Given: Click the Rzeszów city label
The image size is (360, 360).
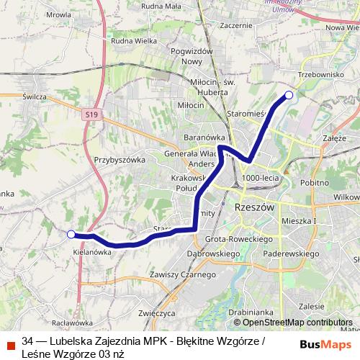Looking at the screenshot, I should (256, 206).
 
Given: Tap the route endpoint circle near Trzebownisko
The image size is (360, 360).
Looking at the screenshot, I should (289, 95).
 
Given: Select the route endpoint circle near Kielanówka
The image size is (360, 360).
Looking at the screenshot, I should (71, 234).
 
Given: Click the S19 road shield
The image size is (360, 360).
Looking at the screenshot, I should (91, 114).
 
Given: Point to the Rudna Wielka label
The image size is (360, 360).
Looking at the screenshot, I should (134, 41).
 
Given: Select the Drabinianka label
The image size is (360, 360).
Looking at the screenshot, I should (251, 313).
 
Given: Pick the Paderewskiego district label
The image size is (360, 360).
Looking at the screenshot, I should (292, 253).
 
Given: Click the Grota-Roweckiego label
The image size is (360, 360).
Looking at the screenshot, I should (238, 238).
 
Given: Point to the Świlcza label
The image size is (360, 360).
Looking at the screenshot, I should (34, 96).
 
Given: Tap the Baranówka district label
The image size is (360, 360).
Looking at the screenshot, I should (205, 136).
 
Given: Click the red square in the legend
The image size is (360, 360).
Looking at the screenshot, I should (11, 346).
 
